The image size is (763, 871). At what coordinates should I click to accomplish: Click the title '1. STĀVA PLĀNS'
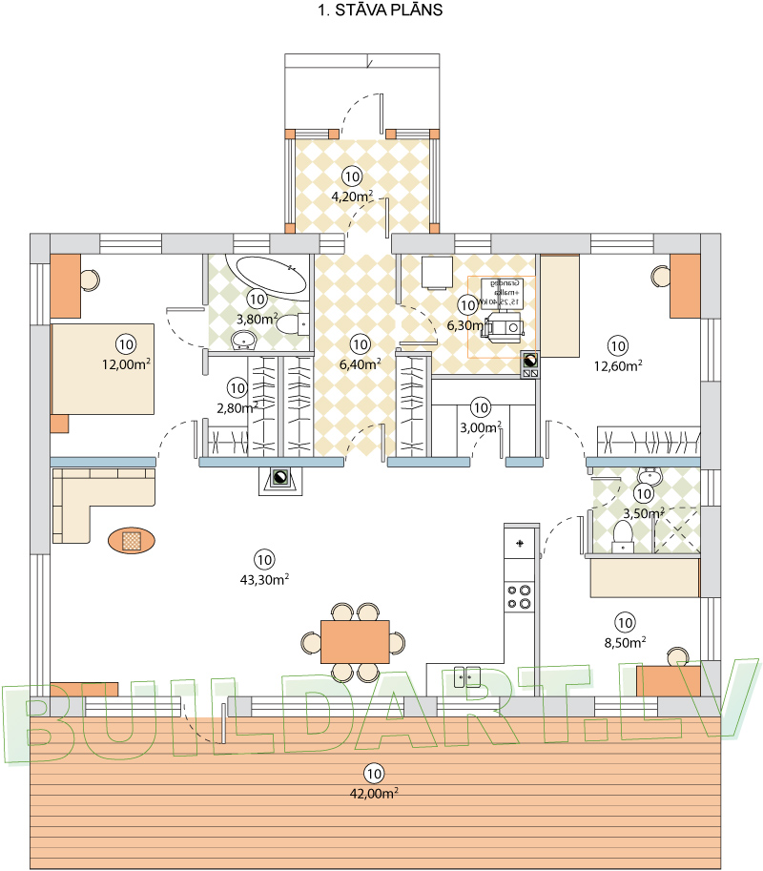379,11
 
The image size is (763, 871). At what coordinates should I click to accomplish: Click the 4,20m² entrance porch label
352,197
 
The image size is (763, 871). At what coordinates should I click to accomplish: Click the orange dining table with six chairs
355,641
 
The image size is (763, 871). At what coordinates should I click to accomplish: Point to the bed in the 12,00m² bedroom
102,367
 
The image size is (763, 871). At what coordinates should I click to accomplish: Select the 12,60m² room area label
617,363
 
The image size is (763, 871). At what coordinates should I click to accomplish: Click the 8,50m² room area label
625,641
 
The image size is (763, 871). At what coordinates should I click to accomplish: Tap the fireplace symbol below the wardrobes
280,480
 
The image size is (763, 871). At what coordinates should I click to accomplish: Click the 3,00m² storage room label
480,426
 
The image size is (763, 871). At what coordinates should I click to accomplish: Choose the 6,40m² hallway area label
359,363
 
